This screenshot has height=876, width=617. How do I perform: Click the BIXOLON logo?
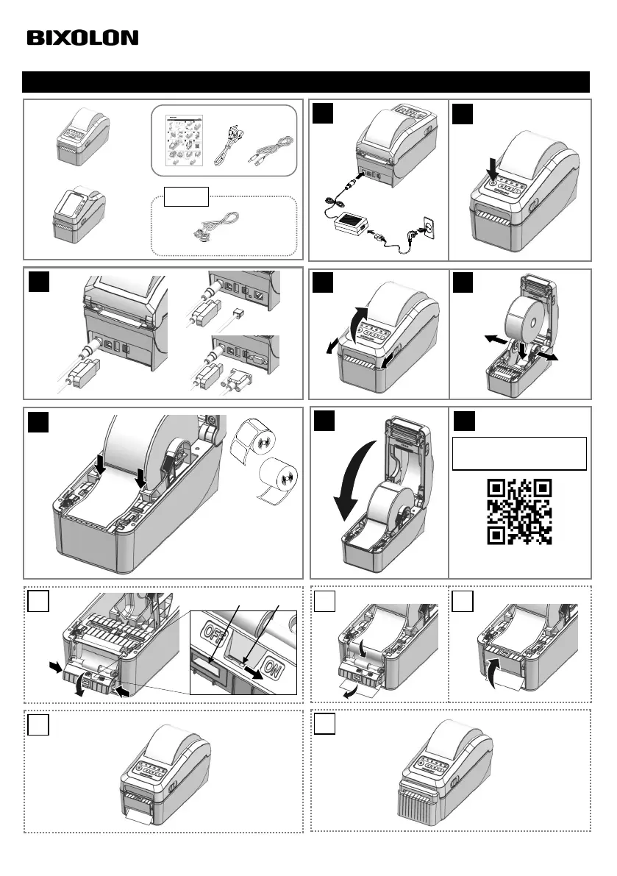(x=82, y=38)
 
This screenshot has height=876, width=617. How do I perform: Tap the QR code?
(x=519, y=512)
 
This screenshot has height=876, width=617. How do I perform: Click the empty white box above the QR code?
(x=519, y=454)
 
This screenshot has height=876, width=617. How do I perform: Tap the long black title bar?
(x=306, y=82)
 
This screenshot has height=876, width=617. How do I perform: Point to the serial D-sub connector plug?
(x=233, y=382)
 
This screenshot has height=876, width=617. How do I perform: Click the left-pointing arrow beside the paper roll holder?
(x=496, y=339)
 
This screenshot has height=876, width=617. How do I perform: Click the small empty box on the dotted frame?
(x=187, y=196)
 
